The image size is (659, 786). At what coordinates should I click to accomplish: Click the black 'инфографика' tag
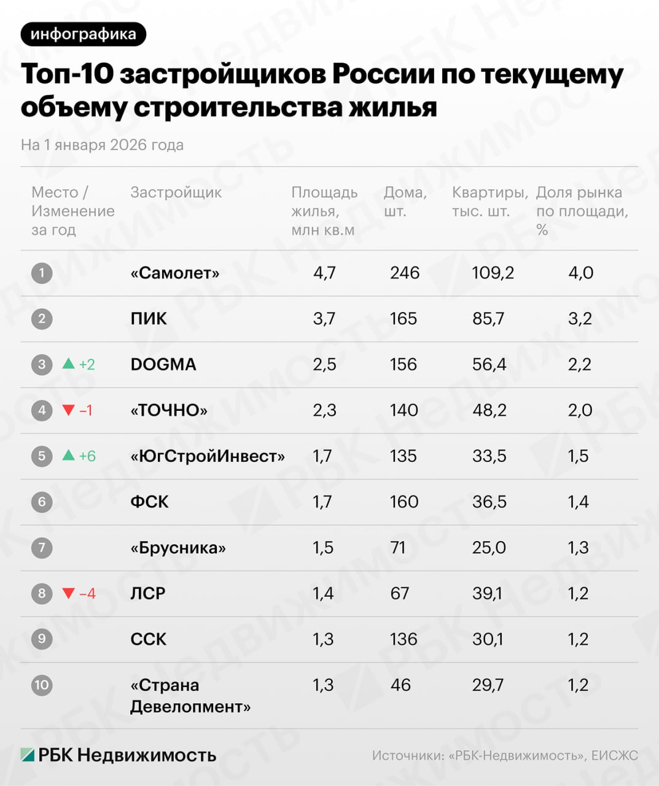point(83,34)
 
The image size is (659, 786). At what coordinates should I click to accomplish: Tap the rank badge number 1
point(42,273)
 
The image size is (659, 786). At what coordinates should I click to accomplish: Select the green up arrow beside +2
point(69,364)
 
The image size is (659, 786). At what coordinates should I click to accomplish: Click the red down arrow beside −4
point(69,593)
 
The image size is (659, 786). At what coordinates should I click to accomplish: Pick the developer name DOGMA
point(163,364)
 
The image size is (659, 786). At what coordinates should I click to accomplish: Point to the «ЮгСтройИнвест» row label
point(208,456)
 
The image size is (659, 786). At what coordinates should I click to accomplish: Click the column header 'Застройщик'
point(176,192)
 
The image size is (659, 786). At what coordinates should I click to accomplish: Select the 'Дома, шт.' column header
point(405,201)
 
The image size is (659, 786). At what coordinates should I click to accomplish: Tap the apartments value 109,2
point(493,273)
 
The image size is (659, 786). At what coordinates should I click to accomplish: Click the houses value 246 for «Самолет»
point(404,273)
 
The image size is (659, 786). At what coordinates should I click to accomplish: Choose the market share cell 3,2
point(580,319)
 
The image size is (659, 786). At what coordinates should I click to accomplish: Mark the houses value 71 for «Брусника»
point(398,548)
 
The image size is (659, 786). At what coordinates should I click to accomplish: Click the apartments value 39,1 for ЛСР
point(487,593)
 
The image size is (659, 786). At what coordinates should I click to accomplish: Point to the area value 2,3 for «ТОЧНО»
point(324,410)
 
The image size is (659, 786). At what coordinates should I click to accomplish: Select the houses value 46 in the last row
point(400,685)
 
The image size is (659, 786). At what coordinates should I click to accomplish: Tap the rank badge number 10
point(42,685)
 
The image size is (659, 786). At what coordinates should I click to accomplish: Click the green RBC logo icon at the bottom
point(27,755)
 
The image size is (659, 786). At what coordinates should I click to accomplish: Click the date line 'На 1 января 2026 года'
point(102,145)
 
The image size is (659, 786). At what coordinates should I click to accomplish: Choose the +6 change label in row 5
point(87,456)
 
